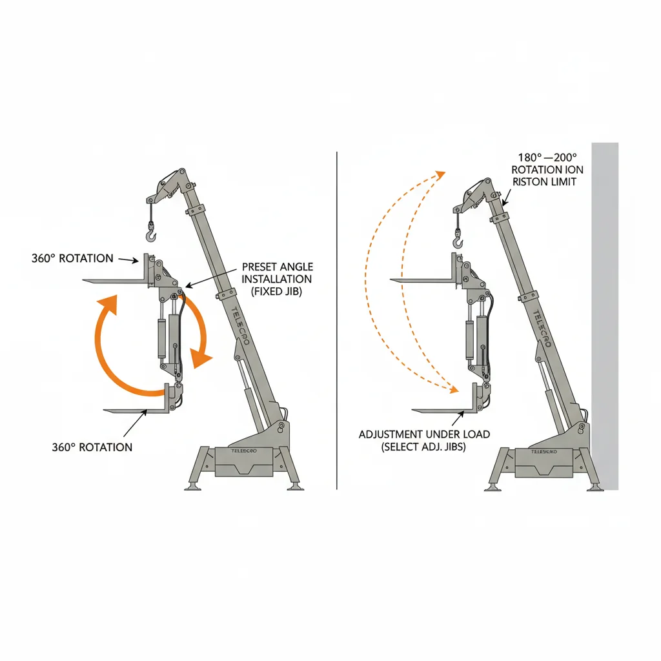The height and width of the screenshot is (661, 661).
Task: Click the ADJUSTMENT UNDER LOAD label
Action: pos(424,440)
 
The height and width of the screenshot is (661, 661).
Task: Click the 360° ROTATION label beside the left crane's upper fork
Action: pos(72,258)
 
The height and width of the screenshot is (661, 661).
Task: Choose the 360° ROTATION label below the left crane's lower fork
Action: pos(92,447)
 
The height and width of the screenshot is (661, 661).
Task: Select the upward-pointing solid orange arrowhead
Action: pos(107,303)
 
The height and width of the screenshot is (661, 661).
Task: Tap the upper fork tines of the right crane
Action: pos(426,280)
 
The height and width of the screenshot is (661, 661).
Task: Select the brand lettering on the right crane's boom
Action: pos(540,329)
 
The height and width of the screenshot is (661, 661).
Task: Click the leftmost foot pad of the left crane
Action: pos(192,487)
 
